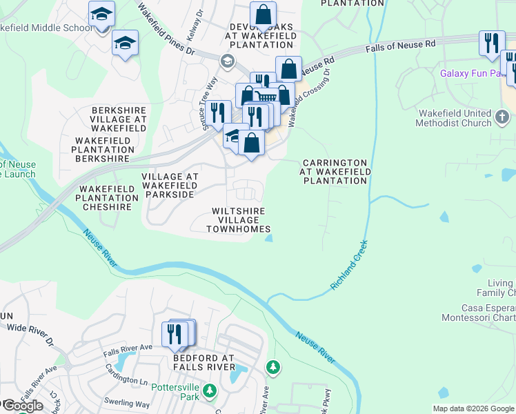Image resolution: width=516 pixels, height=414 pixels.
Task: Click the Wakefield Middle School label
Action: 46,28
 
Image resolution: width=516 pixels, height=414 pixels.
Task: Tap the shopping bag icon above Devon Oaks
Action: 263,14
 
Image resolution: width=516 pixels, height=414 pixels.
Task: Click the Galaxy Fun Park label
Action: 469,72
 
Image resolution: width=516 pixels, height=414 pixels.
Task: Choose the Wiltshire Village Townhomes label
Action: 239,219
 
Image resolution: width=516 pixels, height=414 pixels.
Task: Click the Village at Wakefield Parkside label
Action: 170,186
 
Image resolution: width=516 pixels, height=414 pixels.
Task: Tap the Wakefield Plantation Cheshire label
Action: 107,197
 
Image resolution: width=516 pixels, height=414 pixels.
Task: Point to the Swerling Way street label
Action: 126,404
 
